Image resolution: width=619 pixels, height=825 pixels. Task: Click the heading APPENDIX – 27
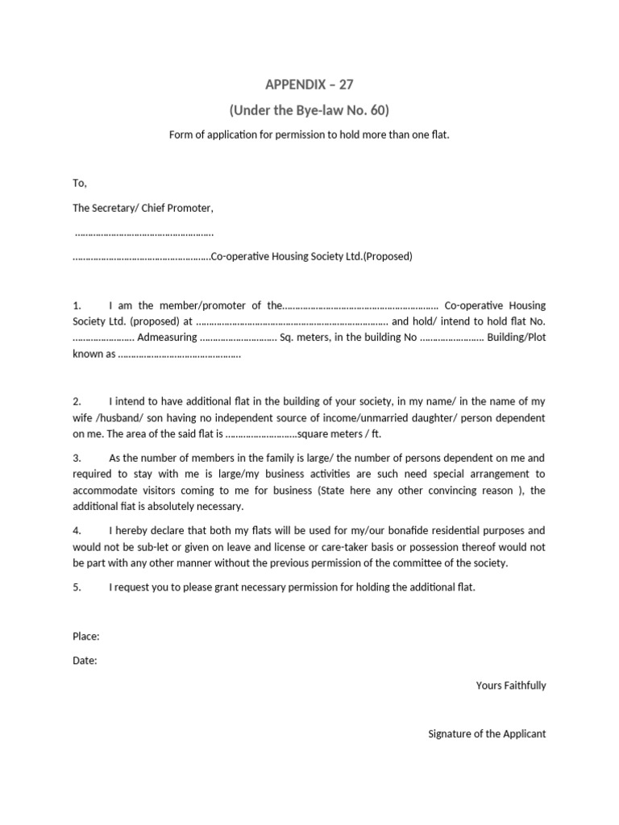click(x=309, y=84)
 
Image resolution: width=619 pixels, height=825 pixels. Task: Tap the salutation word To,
click(x=80, y=184)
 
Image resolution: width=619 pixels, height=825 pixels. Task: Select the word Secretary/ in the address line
click(x=118, y=208)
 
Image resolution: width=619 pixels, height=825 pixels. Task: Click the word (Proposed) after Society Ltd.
click(x=388, y=257)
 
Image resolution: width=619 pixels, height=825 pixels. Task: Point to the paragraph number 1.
click(x=77, y=305)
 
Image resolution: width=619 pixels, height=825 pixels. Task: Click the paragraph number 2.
click(x=77, y=401)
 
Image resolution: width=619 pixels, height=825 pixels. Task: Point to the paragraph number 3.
click(x=77, y=458)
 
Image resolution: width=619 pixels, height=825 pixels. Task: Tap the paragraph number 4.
click(x=77, y=531)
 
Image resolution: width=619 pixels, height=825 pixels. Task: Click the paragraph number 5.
click(x=77, y=587)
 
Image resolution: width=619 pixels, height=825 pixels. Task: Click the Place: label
click(x=86, y=636)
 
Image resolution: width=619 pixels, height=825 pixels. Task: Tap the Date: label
click(x=85, y=661)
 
